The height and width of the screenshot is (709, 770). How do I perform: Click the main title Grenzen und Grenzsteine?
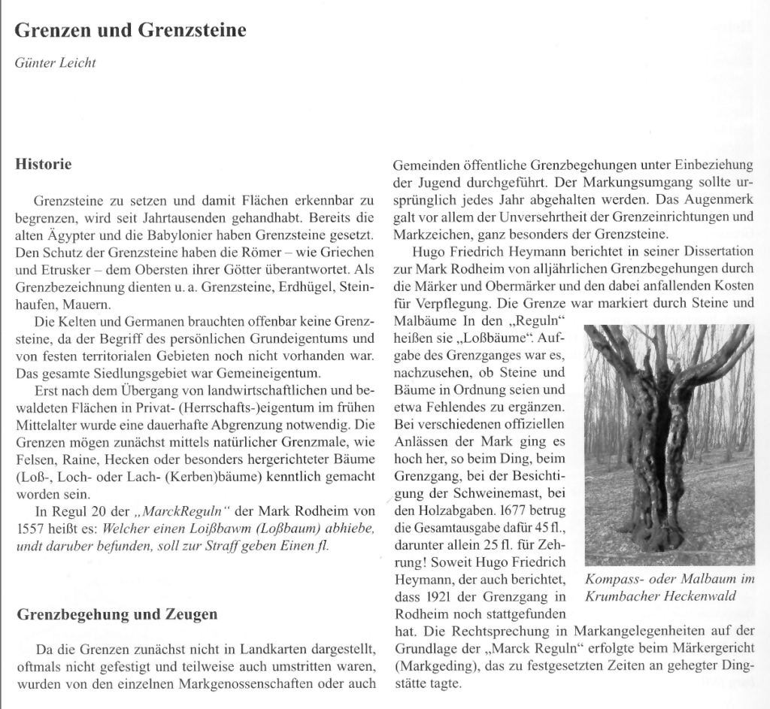tap(131, 31)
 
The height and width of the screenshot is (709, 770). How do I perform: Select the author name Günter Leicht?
tap(56, 62)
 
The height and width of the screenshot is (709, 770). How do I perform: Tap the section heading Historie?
tap(44, 164)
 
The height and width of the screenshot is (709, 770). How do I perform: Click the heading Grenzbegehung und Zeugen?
tap(117, 614)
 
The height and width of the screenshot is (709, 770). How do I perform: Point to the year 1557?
tap(31, 529)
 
